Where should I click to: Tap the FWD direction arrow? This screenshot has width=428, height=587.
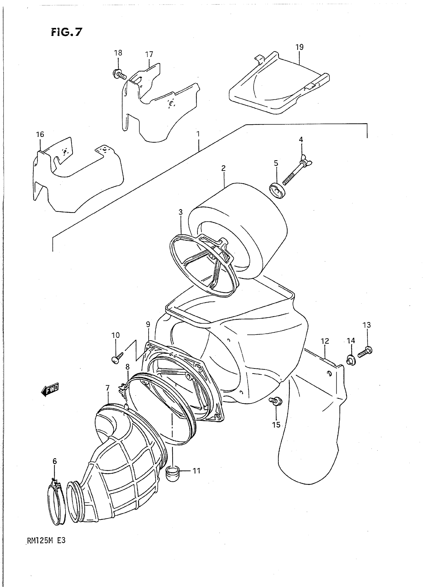tap(50, 389)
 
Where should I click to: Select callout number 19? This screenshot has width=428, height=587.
tap(299, 47)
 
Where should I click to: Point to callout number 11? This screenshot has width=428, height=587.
tap(197, 471)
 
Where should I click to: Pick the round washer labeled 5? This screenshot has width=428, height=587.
tap(277, 190)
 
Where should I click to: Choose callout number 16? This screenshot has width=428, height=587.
tap(40, 134)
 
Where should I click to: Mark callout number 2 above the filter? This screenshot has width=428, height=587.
tap(223, 168)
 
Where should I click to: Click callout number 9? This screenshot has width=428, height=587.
tap(148, 324)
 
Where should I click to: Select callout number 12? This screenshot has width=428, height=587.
tap(325, 341)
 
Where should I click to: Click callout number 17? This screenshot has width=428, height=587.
tap(149, 54)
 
